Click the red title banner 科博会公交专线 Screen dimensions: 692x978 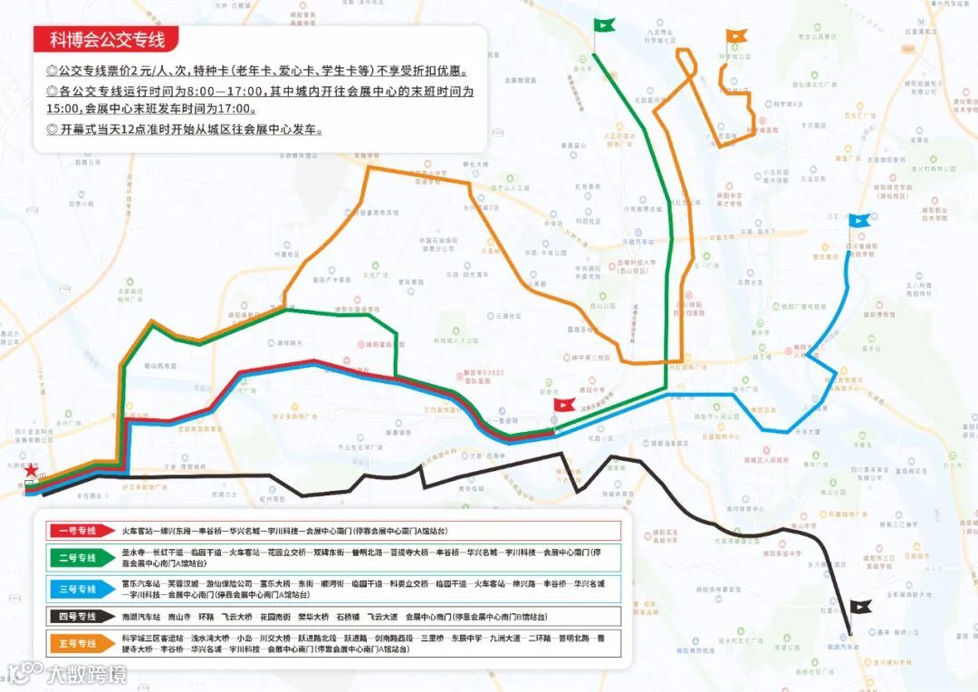click(x=106, y=39)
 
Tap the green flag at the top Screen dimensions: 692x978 click(x=604, y=25)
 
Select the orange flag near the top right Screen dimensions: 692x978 click(x=737, y=37)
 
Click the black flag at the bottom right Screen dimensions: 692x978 click(x=860, y=608)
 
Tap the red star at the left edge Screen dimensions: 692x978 click(x=32, y=470)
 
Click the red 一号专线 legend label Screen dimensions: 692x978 click(x=75, y=532)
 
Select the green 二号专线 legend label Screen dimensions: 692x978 click(x=75, y=558)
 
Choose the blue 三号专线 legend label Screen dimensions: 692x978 click(x=75, y=589)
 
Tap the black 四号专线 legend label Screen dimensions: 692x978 click(x=75, y=617)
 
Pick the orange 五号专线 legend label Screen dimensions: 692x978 click(x=75, y=644)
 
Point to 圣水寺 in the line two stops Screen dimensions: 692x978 click(x=133, y=552)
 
